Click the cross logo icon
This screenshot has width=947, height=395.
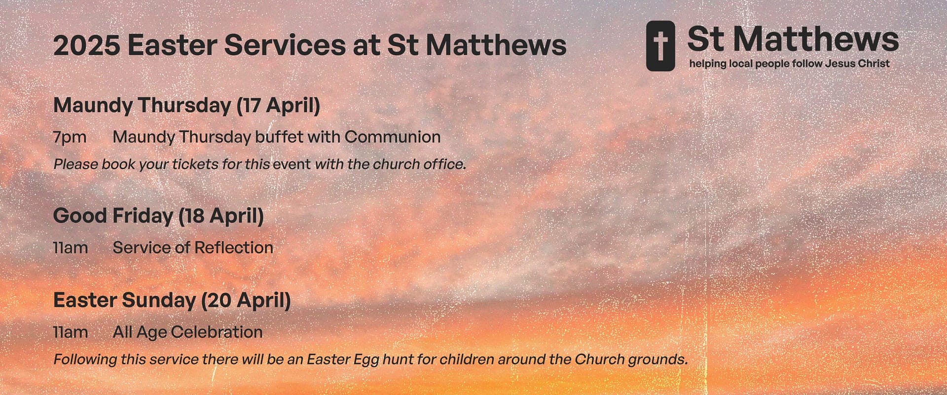[x=660, y=46]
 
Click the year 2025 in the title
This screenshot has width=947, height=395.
[x=87, y=45]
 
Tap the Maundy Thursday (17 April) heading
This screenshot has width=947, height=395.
[x=187, y=105]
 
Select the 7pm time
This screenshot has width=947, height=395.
[x=70, y=137]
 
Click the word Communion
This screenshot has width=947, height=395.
[x=393, y=137]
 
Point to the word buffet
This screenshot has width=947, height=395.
[x=279, y=137]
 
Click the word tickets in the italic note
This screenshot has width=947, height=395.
[x=195, y=164]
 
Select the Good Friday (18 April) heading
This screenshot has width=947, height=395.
[x=158, y=216]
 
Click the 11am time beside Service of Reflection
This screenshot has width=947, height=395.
[x=71, y=247]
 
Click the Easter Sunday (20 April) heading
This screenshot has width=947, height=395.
[x=172, y=300]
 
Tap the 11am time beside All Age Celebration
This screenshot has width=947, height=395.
[x=71, y=332]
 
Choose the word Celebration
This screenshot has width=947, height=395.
[x=217, y=332]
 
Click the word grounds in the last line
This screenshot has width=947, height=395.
[x=658, y=359]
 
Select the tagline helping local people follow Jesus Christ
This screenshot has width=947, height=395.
[x=790, y=64]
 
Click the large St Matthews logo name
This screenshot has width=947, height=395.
[x=793, y=39]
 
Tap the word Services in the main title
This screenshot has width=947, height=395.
[x=285, y=45]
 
